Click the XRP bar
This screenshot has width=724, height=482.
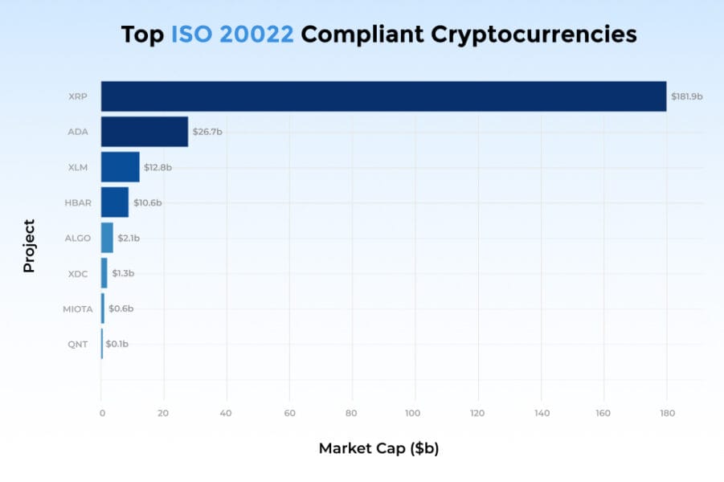point(383,96)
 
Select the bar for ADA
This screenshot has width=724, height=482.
point(145,132)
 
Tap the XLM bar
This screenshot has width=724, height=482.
point(120,167)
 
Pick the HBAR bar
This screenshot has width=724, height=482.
point(115,202)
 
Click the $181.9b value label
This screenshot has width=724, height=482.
point(686,96)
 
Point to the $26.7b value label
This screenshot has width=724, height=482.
point(207,132)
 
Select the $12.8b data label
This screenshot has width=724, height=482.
point(157,167)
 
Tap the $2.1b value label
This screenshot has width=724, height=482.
point(129,238)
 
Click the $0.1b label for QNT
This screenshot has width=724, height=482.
point(117,344)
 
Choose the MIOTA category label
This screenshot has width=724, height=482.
point(78,308)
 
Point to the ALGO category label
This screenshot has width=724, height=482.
point(79,238)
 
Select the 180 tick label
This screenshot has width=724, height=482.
point(666,413)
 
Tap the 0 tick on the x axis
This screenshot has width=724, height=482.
point(102,413)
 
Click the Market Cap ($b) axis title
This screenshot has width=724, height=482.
point(378,448)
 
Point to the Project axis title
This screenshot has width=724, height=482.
point(29,246)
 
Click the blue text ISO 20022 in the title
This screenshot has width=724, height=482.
point(232,35)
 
